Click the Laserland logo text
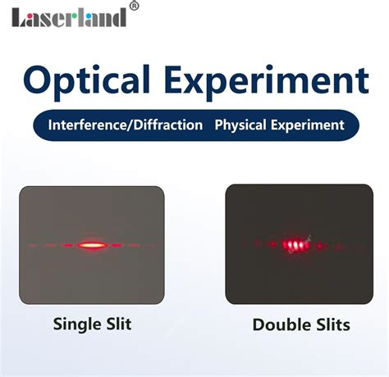(70, 16)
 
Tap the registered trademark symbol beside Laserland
(134, 7)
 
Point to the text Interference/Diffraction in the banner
(126, 125)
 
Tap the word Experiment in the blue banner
(310, 125)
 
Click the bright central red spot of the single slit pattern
(91, 243)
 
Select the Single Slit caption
(92, 324)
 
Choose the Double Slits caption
(300, 325)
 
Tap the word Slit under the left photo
(117, 324)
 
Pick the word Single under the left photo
(75, 324)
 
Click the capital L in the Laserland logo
(18, 16)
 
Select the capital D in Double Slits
(259, 325)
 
